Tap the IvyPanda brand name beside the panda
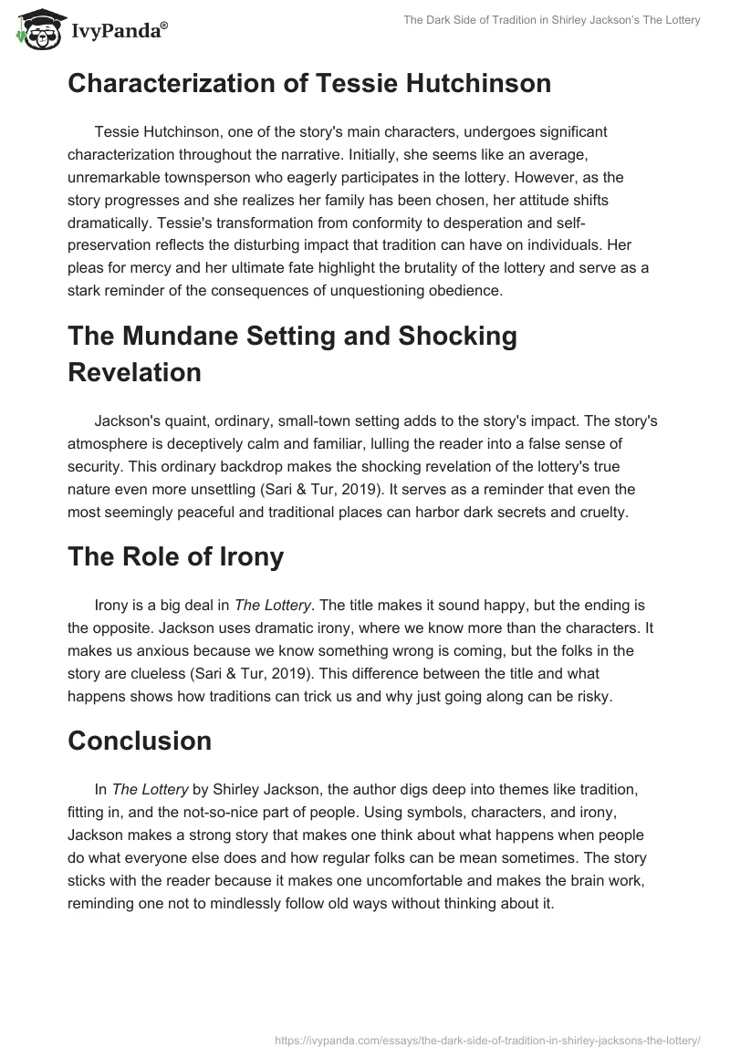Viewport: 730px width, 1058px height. (118, 30)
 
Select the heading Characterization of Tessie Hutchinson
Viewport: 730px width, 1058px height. (309, 84)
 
